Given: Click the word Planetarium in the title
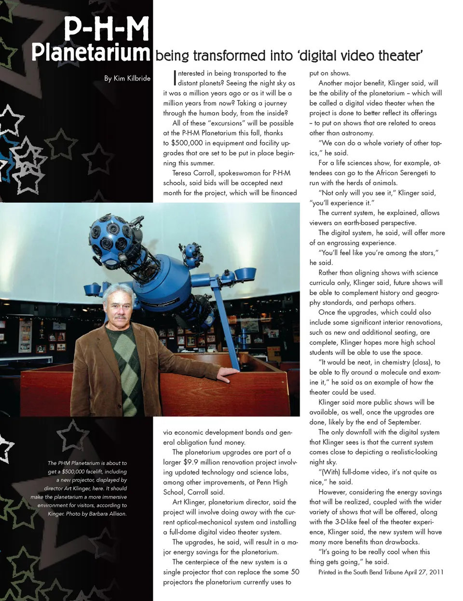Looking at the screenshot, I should [91, 52].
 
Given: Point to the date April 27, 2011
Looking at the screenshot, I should [424, 572].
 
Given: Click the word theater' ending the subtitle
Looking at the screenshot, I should [400, 56].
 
